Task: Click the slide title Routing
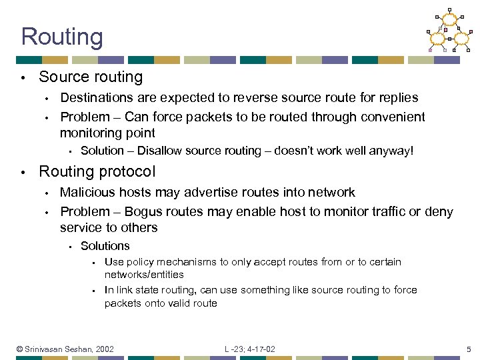[62, 37]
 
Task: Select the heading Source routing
[91, 77]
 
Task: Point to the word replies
[399, 97]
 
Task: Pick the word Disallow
[159, 151]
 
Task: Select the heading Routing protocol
[97, 171]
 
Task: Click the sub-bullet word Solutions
[105, 246]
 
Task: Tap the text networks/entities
[144, 274]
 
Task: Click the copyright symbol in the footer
[20, 349]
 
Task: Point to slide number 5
[469, 349]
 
